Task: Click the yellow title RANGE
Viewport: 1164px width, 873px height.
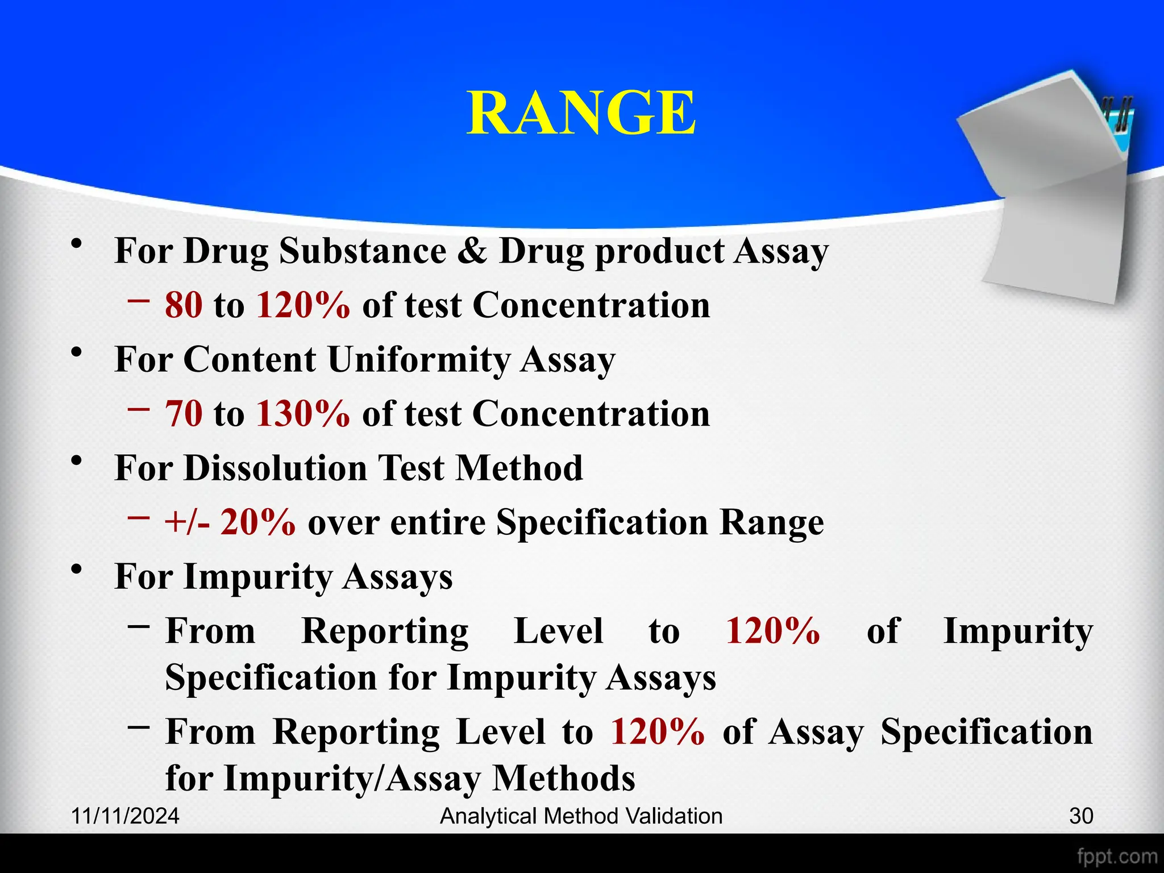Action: [581, 113]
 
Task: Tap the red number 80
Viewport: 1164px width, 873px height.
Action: [184, 305]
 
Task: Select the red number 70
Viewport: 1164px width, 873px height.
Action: [184, 414]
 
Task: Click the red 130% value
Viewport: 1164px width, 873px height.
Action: [303, 414]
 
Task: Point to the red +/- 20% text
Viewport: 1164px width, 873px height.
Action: [230, 522]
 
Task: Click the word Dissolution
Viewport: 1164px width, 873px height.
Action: [275, 468]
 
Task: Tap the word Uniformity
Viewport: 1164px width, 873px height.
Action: [419, 360]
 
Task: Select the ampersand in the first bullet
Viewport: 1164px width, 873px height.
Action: [472, 251]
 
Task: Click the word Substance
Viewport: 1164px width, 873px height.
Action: [363, 251]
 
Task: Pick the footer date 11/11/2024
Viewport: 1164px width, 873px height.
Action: [125, 816]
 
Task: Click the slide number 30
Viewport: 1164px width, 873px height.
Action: [1081, 816]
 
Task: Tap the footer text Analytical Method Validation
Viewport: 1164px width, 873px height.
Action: [581, 816]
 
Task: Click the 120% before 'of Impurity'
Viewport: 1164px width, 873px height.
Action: [773, 631]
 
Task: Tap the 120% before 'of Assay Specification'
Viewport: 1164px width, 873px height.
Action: [658, 732]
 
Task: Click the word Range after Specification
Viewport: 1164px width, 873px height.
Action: [771, 522]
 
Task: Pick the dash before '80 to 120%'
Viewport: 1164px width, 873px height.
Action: [139, 300]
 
